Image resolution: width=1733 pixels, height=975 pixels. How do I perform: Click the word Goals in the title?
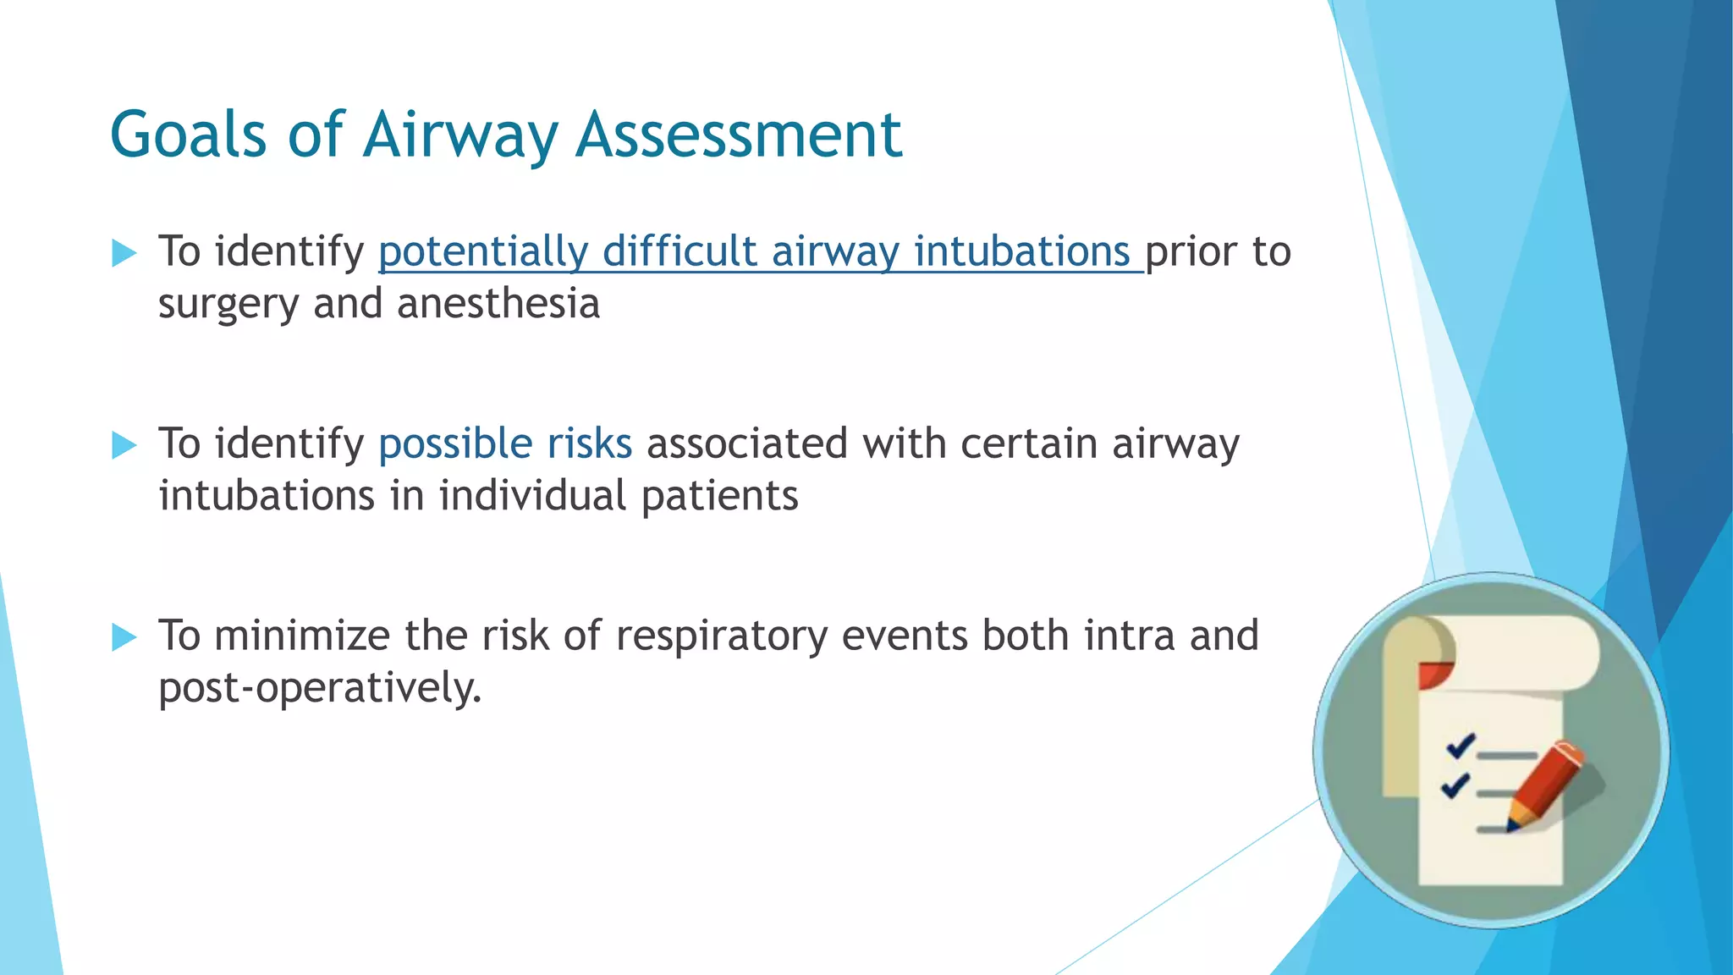[188, 135]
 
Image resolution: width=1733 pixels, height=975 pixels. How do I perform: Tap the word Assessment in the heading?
[739, 135]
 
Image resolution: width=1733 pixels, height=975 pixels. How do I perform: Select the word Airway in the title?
[461, 135]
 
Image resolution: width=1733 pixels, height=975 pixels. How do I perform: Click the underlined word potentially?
[482, 252]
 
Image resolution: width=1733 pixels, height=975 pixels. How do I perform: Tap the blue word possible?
[454, 444]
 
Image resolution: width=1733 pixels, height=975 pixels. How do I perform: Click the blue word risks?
[589, 444]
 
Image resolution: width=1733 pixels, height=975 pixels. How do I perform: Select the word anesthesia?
[498, 304]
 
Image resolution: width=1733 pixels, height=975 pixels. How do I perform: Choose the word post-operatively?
[319, 688]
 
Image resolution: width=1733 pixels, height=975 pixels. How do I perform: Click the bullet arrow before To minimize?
[124, 637]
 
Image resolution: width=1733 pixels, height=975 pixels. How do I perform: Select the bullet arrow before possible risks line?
[124, 445]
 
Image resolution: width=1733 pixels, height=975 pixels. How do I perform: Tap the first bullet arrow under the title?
[124, 253]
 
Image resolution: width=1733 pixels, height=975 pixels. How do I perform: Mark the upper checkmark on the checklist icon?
[1461, 746]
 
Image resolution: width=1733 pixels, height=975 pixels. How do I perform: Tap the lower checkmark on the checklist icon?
[1455, 785]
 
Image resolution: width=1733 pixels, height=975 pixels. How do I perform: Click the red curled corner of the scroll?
[1434, 675]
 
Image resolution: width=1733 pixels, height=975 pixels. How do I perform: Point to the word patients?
[719, 497]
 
